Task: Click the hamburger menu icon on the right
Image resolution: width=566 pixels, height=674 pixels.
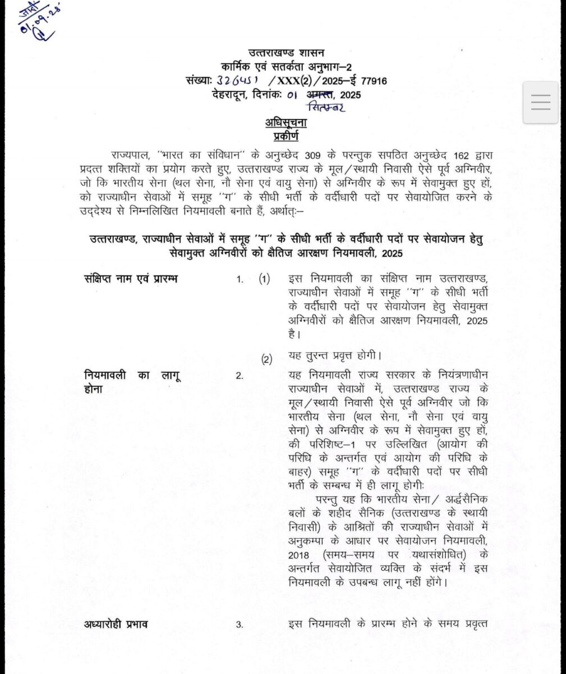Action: (541, 102)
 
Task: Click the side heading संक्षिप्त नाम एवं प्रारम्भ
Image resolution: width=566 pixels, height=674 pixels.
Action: (130, 279)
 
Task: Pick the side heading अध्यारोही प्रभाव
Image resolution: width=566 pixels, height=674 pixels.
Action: (117, 624)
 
